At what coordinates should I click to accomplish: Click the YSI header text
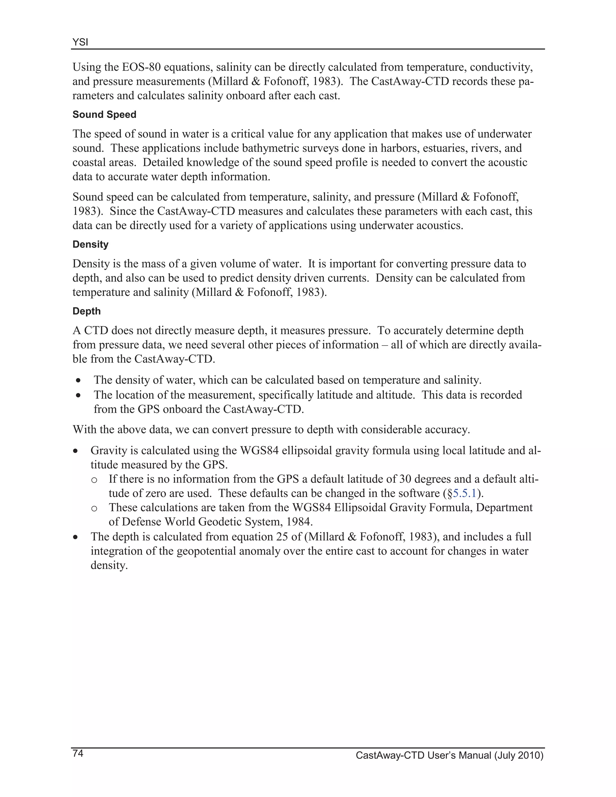click(80, 42)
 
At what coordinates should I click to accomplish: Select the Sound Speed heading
click(104, 115)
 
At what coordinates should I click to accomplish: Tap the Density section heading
click(90, 245)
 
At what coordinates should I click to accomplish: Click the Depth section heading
click(87, 311)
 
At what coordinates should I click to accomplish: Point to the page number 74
click(78, 753)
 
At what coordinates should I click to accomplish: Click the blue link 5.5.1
click(464, 493)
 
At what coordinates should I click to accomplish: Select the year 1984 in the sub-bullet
click(299, 522)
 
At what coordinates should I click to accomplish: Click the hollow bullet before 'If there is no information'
click(94, 480)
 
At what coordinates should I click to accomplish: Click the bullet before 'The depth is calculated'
click(75, 537)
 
